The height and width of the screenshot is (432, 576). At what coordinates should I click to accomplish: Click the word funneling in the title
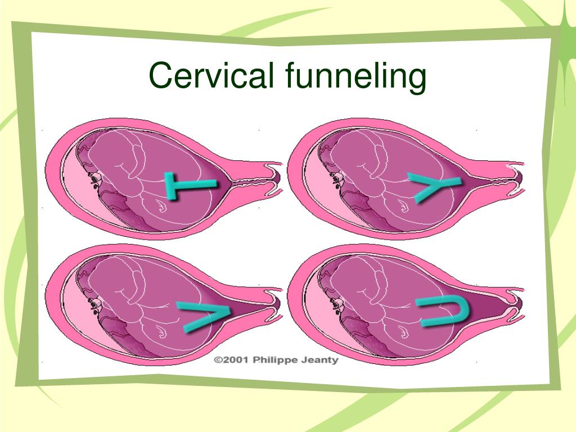click(x=355, y=77)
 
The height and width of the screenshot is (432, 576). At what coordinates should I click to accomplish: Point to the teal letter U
click(x=443, y=312)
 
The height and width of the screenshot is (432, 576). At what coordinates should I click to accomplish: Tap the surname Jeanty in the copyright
click(x=319, y=361)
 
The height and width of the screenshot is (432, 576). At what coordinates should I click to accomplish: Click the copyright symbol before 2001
click(x=218, y=360)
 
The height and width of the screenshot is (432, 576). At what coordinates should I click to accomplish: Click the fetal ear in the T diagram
click(x=95, y=179)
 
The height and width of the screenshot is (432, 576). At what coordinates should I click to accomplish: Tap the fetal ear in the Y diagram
click(x=337, y=179)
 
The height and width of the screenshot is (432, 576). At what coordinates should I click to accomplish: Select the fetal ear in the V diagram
click(x=95, y=304)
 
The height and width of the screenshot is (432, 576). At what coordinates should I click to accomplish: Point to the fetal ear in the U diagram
click(x=337, y=304)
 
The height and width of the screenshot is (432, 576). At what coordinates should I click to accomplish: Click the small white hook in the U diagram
click(x=403, y=333)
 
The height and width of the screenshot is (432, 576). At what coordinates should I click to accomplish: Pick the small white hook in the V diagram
click(x=161, y=333)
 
